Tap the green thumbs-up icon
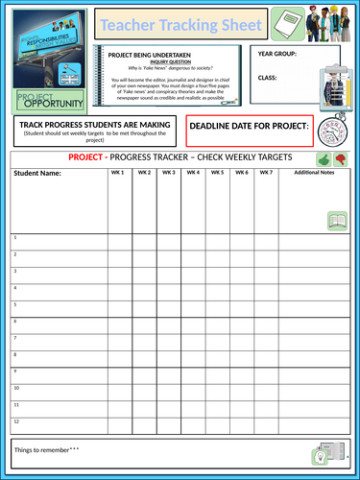[324, 158]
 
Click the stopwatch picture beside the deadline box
[333, 131]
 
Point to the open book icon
[337, 221]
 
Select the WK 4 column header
[193, 173]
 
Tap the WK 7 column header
[266, 173]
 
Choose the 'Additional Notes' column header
[314, 173]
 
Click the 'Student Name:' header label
[37, 174]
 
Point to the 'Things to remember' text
[46, 449]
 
